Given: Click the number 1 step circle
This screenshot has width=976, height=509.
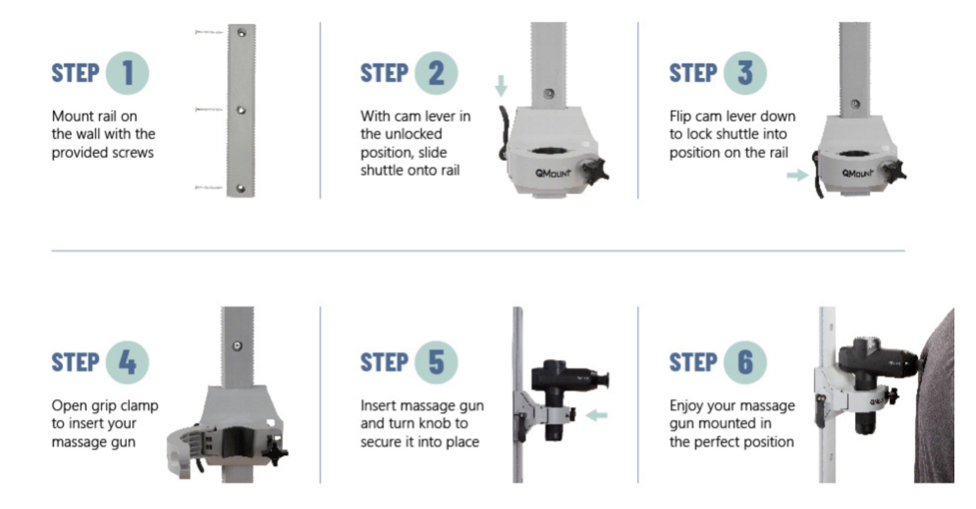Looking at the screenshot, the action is pyautogui.click(x=128, y=73).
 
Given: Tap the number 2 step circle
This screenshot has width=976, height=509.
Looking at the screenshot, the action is pyautogui.click(x=436, y=73).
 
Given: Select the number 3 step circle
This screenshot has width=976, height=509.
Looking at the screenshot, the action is pyautogui.click(x=745, y=73).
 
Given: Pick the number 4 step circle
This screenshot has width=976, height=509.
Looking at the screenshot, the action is pyautogui.click(x=128, y=363).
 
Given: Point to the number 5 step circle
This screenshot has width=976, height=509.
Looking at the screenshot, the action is pyautogui.click(x=436, y=363).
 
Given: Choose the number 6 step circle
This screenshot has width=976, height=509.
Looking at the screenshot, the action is pyautogui.click(x=745, y=363).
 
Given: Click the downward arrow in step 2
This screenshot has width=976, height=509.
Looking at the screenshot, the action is pyautogui.click(x=501, y=86).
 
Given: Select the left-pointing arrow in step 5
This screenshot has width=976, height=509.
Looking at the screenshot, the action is pyautogui.click(x=597, y=416).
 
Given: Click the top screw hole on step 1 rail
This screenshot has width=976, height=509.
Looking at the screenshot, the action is pyautogui.click(x=242, y=33).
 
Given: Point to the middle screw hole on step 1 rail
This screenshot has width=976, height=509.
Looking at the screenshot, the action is pyautogui.click(x=241, y=110).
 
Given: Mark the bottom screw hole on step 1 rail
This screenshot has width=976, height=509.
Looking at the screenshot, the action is pyautogui.click(x=241, y=188).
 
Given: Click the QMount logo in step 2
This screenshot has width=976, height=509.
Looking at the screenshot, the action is pyautogui.click(x=553, y=173).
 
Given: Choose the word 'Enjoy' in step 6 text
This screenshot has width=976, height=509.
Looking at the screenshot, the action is pyautogui.click(x=687, y=406).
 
